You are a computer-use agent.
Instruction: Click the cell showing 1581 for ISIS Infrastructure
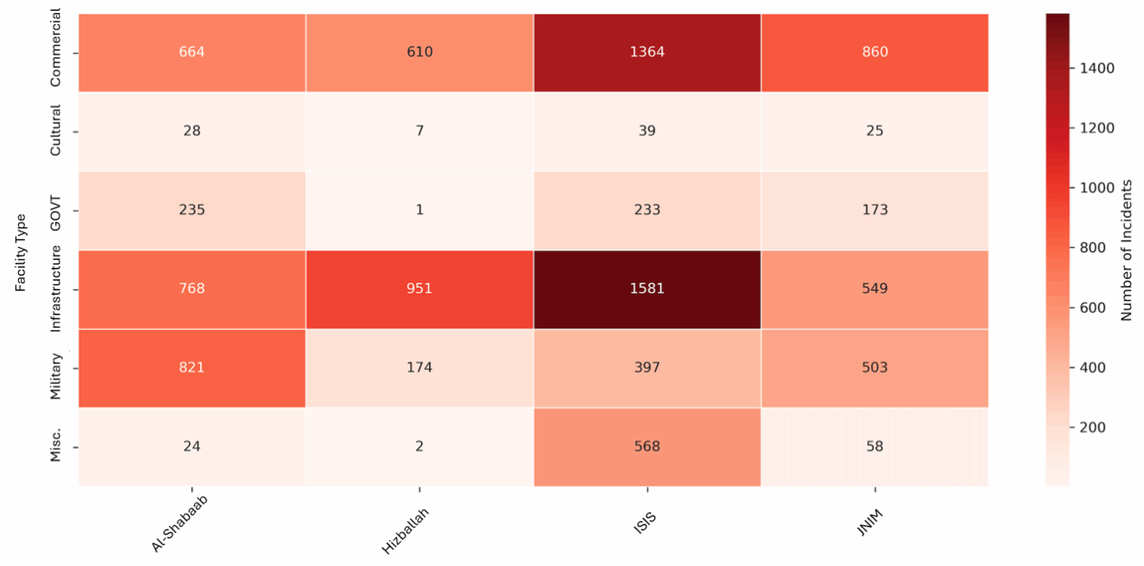point(647,289)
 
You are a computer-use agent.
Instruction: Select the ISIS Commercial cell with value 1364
point(647,52)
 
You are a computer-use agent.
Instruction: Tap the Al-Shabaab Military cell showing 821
point(192,368)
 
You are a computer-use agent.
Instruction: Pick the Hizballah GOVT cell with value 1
point(419,210)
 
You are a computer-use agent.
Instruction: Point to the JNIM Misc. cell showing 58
point(874,446)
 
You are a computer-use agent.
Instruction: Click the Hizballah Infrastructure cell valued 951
point(419,289)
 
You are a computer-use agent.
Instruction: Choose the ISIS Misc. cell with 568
point(647,446)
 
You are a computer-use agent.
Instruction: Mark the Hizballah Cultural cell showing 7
point(419,131)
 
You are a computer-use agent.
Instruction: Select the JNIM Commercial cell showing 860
point(874,52)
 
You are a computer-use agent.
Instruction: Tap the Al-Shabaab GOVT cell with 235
point(192,210)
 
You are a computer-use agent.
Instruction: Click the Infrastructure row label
point(55,289)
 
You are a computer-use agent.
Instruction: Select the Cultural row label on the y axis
point(55,131)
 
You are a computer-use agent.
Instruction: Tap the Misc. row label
point(55,444)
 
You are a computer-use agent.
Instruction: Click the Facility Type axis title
point(22,252)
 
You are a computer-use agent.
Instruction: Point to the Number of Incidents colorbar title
point(1127,250)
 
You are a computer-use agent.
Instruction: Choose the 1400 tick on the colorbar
point(1097,68)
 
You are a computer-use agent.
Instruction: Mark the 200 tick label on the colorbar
point(1093,427)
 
